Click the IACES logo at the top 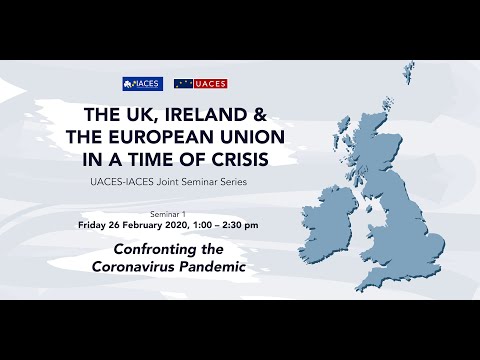(x=142, y=84)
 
